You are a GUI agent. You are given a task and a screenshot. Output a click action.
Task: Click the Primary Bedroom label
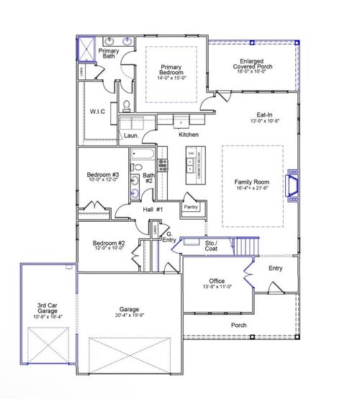tap(171, 71)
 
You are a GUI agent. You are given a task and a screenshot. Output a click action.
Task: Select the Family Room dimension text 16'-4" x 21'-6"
tap(251, 188)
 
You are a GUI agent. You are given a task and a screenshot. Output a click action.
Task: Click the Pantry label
tap(191, 207)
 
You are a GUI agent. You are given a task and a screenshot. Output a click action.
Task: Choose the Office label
tap(217, 280)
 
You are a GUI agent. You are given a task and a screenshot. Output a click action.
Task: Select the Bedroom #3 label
tap(102, 175)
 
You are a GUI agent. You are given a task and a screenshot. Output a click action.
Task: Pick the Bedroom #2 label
tap(109, 244)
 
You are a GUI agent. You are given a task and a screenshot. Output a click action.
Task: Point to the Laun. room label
tap(131, 135)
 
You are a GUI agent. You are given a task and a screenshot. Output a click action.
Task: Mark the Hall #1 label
tap(153, 209)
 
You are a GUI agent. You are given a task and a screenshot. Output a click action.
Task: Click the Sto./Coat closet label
tap(211, 246)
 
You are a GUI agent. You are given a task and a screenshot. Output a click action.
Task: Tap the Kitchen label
tap(189, 135)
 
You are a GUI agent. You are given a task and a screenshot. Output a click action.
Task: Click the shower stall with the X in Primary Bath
tap(86, 50)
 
